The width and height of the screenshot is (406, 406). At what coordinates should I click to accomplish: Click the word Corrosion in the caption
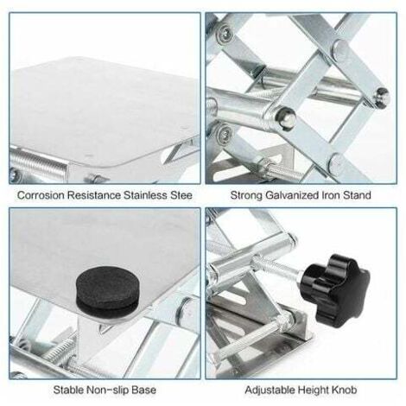click(x=41, y=195)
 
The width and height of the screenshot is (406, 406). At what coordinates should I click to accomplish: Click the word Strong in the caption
click(x=246, y=195)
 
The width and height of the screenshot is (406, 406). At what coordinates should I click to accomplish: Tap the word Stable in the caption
click(x=68, y=390)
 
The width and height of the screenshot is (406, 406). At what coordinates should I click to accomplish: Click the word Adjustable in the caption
click(x=270, y=390)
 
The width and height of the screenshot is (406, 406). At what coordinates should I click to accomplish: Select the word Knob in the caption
click(x=344, y=390)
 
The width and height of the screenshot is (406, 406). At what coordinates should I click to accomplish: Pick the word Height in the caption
click(x=313, y=390)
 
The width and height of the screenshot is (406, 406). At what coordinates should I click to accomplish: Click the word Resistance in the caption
click(x=94, y=195)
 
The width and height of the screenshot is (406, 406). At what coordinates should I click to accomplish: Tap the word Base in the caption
click(x=143, y=390)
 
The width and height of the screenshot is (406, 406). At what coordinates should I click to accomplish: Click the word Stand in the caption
click(x=357, y=195)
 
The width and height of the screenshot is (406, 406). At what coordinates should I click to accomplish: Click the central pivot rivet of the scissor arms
click(x=285, y=117)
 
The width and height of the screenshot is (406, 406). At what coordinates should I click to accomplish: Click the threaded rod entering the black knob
click(x=276, y=267)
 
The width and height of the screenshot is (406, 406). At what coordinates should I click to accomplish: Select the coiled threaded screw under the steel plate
click(x=38, y=164)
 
